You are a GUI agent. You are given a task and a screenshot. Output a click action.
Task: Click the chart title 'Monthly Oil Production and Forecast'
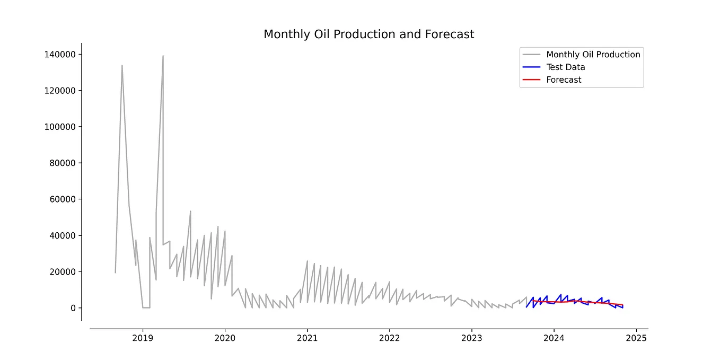point(368,34)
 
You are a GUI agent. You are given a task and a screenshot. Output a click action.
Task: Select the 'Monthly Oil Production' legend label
point(593,55)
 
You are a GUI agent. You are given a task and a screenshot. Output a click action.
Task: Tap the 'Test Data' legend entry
point(565,67)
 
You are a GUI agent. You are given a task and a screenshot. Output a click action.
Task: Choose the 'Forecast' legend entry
point(564,80)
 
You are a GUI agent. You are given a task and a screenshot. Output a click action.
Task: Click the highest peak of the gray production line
point(163,56)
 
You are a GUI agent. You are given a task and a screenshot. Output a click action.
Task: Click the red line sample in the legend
point(531,80)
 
